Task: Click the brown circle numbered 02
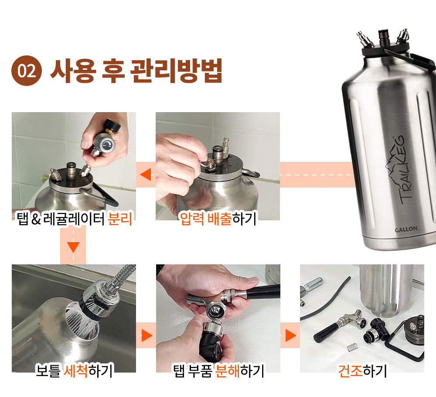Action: coord(27,71)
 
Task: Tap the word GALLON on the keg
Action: coord(406,229)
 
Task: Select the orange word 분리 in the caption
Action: coord(119,219)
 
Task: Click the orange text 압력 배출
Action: coord(206,219)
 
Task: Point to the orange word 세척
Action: coord(76,370)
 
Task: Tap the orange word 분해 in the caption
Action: coord(228,371)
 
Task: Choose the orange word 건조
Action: coord(350,371)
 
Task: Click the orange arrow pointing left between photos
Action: coord(146,175)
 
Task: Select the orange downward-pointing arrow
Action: coord(73,247)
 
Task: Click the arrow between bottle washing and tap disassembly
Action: coord(147,335)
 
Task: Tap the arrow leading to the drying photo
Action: coord(291,335)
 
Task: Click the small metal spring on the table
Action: coord(352,347)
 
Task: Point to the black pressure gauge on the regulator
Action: coord(112,126)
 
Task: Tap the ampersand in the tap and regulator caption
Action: coord(36,219)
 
